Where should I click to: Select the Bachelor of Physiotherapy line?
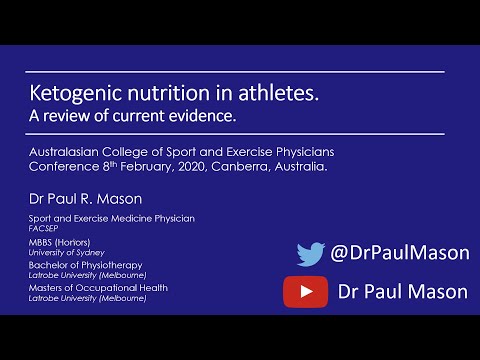click(82, 265)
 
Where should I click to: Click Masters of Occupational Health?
click(97, 287)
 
